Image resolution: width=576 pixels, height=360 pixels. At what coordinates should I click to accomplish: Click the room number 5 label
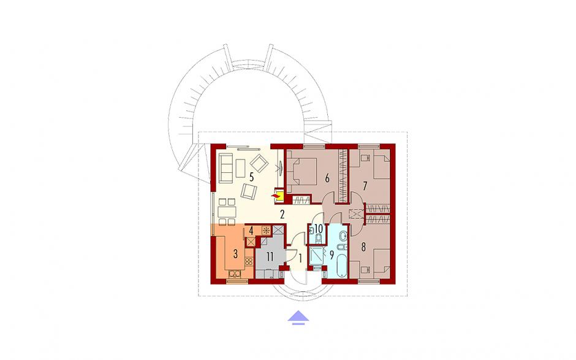[251, 177]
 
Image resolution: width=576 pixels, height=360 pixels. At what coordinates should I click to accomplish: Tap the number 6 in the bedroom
[327, 178]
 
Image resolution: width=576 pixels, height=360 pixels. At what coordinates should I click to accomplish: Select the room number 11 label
[270, 257]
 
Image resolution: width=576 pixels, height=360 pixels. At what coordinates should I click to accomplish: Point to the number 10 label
[319, 229]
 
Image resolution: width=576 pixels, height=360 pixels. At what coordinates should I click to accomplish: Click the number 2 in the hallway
[282, 215]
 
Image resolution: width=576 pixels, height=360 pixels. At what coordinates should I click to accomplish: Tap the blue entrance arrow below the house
[298, 317]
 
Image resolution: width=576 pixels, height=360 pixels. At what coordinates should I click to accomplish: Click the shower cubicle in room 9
[317, 256]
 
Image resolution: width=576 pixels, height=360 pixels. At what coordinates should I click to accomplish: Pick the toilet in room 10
[318, 239]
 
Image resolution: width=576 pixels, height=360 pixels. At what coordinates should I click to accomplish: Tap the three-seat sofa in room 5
[225, 167]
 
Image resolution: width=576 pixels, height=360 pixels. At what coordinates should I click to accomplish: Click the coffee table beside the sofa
[241, 167]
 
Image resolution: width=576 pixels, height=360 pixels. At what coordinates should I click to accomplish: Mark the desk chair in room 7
[365, 158]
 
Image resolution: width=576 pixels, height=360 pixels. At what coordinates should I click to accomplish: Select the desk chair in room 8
[365, 270]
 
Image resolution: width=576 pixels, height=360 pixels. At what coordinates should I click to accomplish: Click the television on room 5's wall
[280, 168]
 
